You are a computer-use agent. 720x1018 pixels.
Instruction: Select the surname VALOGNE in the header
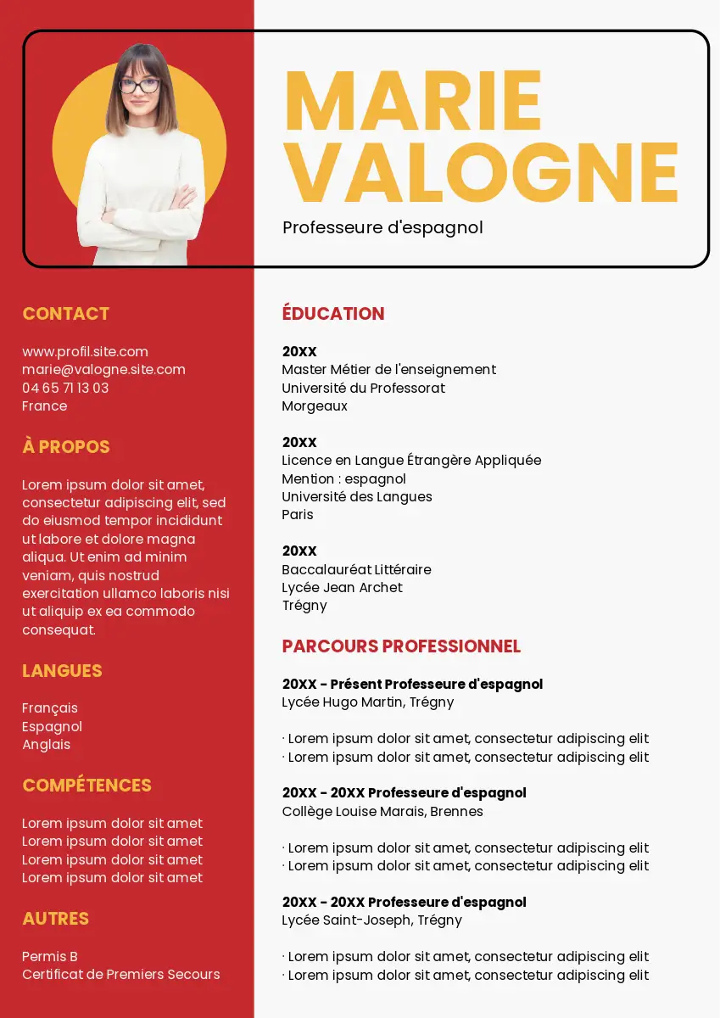point(481,172)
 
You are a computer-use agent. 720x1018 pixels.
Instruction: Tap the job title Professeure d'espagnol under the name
point(382,227)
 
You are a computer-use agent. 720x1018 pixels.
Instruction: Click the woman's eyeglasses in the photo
point(139,86)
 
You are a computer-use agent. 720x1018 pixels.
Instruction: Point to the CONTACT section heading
point(66,314)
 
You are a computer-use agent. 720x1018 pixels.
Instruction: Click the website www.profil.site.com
point(85,351)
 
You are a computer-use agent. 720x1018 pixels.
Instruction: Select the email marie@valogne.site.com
point(103,370)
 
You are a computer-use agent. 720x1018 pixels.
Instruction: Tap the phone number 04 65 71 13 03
point(65,388)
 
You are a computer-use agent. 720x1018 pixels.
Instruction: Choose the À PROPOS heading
point(66,447)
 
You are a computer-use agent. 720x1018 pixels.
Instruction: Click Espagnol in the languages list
point(52,726)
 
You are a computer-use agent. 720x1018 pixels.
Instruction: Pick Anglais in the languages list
point(46,745)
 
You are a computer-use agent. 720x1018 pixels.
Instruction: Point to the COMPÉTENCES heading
point(87,786)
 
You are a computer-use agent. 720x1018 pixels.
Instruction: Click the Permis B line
point(50,956)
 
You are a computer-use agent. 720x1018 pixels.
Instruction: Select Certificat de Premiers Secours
point(120,975)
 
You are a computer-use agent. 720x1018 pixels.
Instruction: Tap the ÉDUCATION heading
point(333,314)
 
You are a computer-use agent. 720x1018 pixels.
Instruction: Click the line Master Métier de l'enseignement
point(388,370)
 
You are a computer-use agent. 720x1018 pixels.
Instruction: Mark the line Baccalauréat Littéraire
point(356,569)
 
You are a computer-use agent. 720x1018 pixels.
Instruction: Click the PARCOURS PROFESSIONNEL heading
point(401,646)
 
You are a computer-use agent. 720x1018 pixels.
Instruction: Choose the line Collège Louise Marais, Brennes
point(382,812)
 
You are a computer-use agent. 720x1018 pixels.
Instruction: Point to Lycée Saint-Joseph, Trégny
point(371,920)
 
